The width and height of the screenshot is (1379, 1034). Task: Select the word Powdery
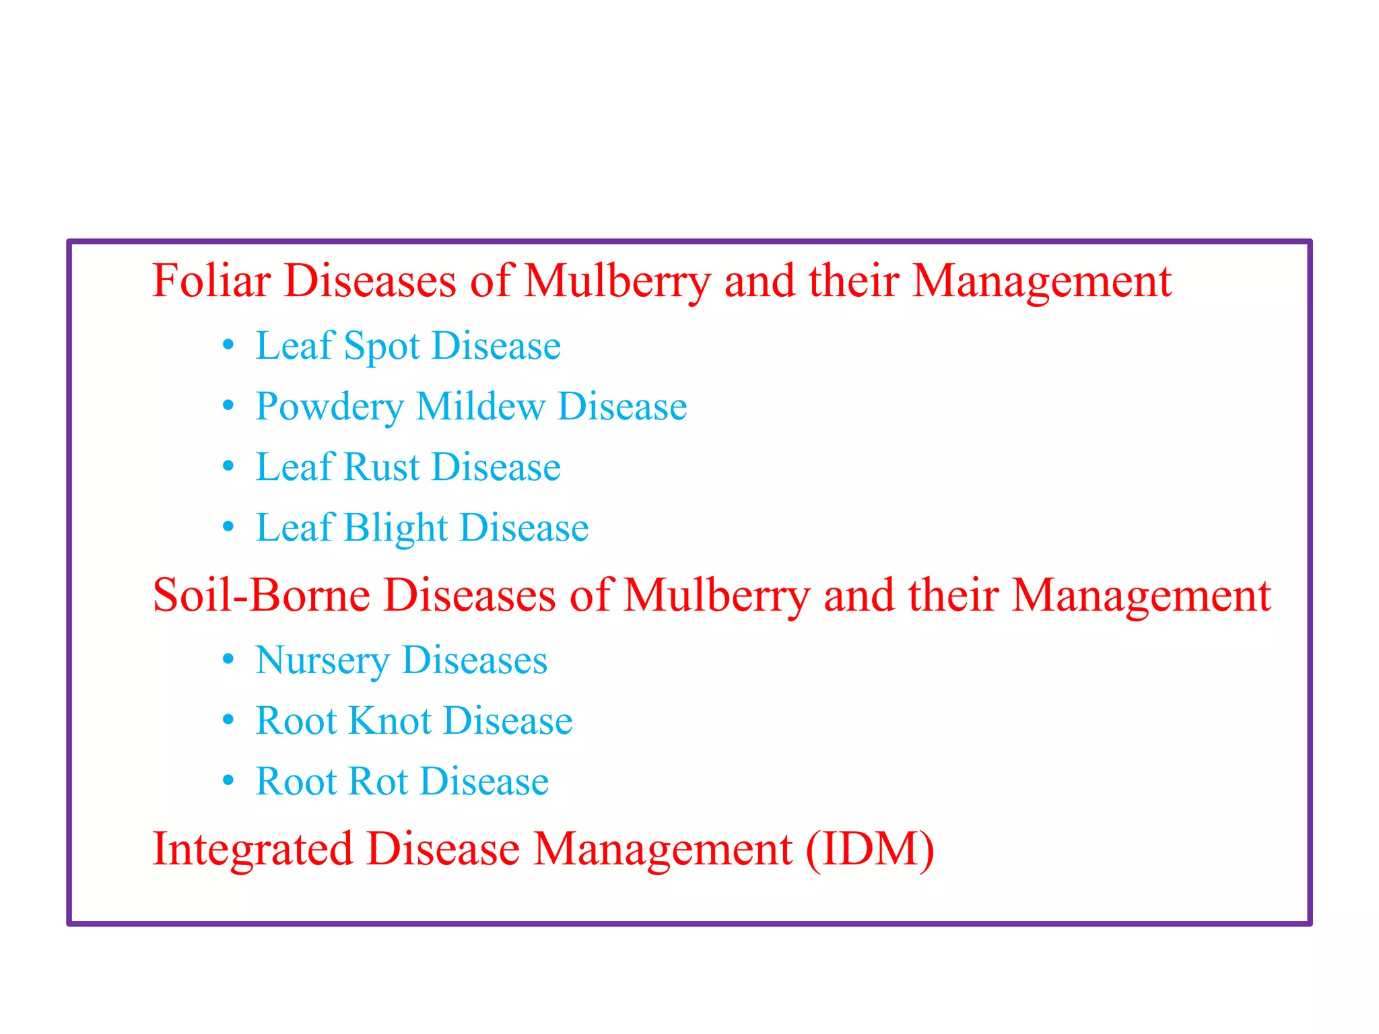coord(329,407)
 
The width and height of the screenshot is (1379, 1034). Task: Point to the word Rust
coord(382,467)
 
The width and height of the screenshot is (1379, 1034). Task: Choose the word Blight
coord(396,528)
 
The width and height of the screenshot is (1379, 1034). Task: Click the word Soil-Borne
coord(261,595)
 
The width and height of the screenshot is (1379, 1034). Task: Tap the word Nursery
coord(322,661)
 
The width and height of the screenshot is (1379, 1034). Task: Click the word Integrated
coord(253,849)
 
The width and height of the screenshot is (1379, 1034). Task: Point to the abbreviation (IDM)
coord(869,849)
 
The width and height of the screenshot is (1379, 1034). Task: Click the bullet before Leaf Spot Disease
coord(228,345)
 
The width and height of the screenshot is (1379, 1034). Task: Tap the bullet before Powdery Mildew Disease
coord(228,406)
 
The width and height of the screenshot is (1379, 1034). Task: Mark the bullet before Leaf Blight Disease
coord(228,526)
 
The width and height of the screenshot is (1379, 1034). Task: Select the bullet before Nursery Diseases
coord(228,660)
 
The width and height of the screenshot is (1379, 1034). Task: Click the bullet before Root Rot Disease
coord(228,780)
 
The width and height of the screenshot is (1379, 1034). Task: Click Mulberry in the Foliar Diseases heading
coord(617,281)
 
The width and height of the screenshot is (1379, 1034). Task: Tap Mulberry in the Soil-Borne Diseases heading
coord(716,596)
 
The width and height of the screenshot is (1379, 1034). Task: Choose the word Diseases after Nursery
coord(475,660)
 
